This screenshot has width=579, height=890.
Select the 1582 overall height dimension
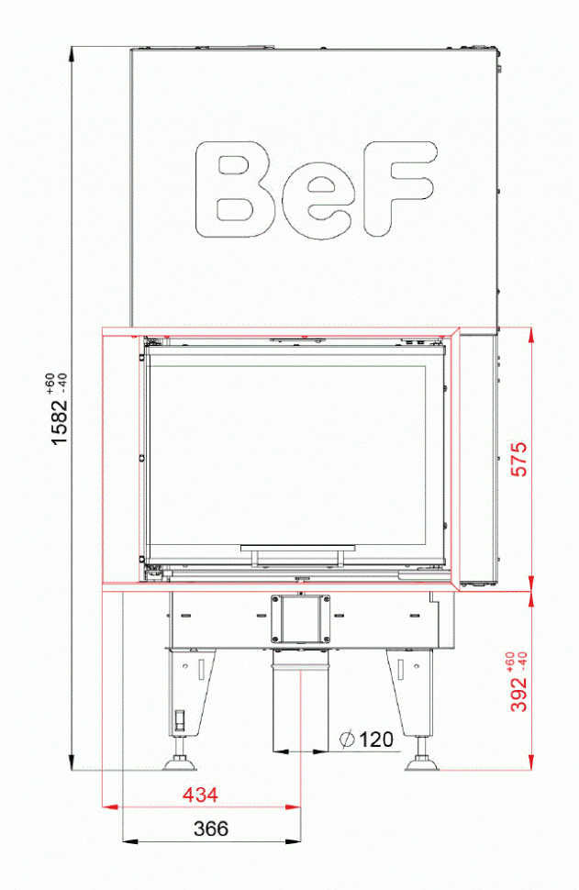click(60, 422)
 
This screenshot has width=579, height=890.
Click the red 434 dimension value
click(200, 794)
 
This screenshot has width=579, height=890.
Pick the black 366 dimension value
click(211, 829)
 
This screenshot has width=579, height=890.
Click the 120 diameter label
click(376, 739)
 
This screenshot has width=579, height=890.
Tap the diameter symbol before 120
click(348, 739)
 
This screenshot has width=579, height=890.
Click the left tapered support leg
click(190, 688)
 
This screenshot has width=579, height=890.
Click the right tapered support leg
click(410, 688)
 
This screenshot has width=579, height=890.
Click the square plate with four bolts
click(300, 617)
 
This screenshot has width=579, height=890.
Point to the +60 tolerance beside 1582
click(50, 379)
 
